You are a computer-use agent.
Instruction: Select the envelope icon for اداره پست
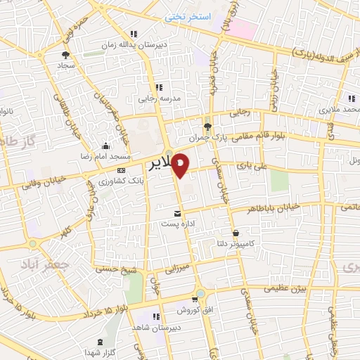(x=176, y=213)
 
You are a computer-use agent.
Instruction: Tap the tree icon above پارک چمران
(x=207, y=126)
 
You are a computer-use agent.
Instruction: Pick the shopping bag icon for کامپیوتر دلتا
(x=236, y=233)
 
